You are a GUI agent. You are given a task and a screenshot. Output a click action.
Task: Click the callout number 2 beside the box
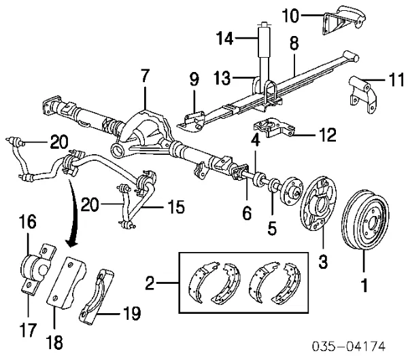150,279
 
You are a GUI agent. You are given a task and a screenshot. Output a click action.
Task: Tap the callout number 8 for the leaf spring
294,43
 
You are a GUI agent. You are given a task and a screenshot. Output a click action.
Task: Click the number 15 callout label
175,206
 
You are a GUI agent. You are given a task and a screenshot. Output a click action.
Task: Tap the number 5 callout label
273,229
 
